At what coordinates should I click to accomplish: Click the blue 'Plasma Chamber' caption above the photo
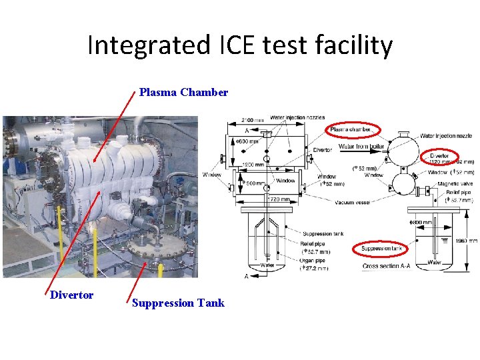[183, 93]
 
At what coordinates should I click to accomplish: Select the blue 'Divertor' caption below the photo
[71, 295]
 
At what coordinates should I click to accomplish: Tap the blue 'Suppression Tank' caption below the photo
[178, 303]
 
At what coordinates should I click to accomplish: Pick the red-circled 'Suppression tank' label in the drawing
[381, 249]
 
